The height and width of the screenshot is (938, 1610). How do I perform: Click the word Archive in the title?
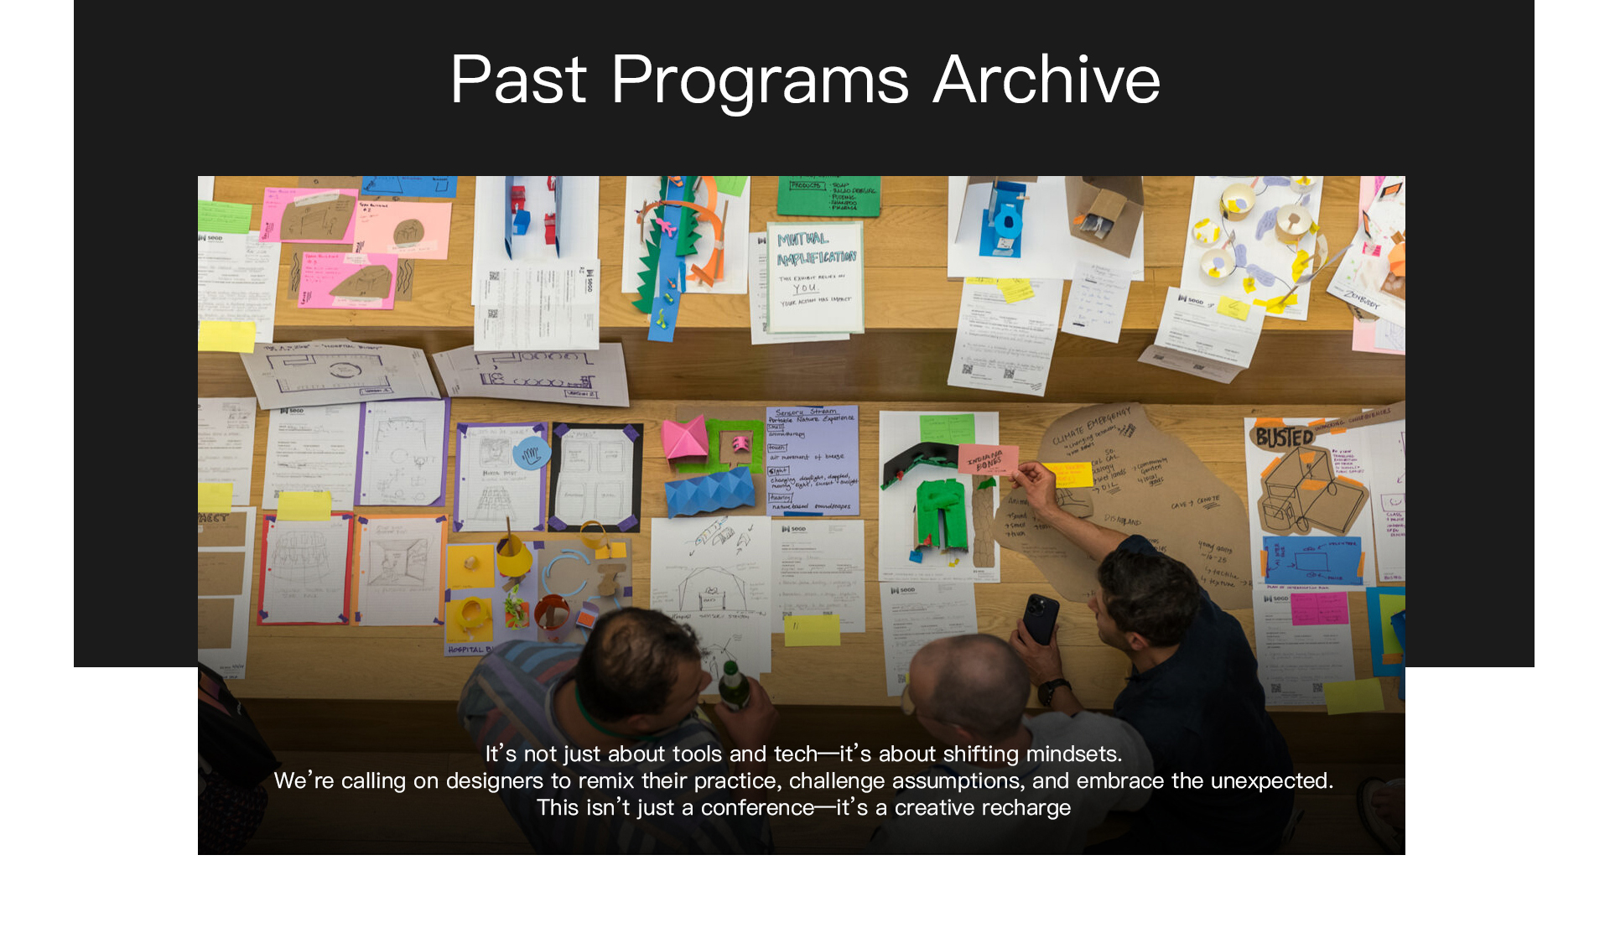[1046, 80]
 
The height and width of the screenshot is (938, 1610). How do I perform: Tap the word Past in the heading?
[518, 80]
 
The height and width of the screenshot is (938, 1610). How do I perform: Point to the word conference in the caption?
[757, 807]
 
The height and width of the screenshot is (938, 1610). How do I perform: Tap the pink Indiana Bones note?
[988, 460]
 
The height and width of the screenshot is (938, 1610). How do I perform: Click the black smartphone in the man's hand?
[1041, 619]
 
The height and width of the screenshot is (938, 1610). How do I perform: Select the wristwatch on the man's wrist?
[1053, 691]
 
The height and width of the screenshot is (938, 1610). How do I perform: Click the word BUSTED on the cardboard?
[1284, 437]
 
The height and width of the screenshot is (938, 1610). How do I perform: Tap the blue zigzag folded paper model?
[709, 492]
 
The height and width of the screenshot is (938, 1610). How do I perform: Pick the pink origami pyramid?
[685, 438]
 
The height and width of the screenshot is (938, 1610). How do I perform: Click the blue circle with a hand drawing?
[531, 453]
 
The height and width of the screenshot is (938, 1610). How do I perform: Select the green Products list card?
[828, 195]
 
